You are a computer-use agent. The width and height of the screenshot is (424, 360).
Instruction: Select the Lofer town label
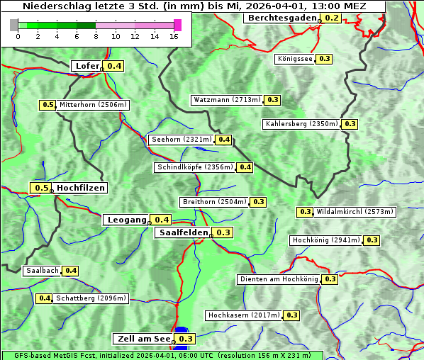coord(87,66)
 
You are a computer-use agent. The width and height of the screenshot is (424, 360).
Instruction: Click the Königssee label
coord(295,59)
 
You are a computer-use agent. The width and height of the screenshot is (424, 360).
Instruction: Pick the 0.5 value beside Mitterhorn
coord(48,105)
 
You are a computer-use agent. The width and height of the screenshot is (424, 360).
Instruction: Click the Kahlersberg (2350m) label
coord(301,124)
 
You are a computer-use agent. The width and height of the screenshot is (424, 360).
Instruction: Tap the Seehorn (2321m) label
coord(182,140)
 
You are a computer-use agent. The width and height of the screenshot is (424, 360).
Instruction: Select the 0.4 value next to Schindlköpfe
coord(245,167)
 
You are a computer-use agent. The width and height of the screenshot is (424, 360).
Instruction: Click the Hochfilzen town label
coord(81,188)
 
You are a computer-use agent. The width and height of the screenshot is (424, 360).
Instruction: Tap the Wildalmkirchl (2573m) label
coord(355,212)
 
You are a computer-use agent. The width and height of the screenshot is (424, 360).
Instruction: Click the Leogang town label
coord(127,220)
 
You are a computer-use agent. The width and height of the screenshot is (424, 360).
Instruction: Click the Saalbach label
coord(42,271)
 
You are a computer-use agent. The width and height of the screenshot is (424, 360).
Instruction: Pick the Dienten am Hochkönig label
coord(278,279)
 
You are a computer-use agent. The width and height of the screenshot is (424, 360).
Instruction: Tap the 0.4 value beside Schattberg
coord(45,298)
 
